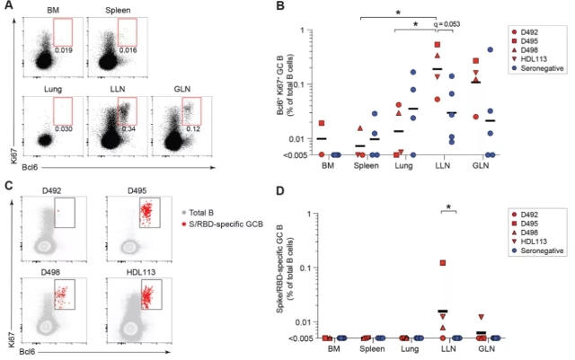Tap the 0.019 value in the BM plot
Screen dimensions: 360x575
point(62,50)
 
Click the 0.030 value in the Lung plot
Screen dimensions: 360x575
point(62,129)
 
